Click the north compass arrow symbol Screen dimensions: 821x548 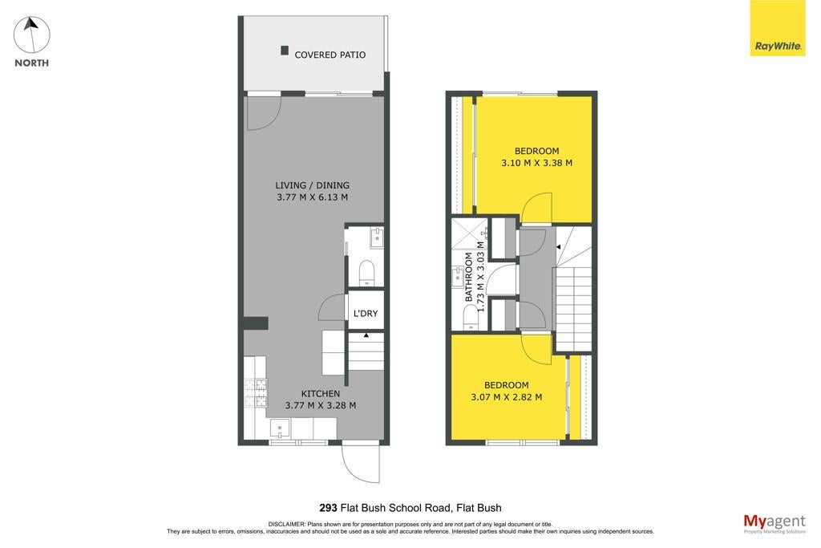pyautogui.click(x=31, y=35)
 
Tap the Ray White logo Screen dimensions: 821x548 pyautogui.click(x=778, y=28)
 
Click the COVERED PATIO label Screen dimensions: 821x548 pyautogui.click(x=330, y=55)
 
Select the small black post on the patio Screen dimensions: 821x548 pyautogui.click(x=285, y=51)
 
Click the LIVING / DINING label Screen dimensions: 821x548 pyautogui.click(x=312, y=185)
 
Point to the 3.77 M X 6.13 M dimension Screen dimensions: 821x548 pyautogui.click(x=312, y=197)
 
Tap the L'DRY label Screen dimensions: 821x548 pyautogui.click(x=366, y=313)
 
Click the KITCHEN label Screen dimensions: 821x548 pyautogui.click(x=321, y=393)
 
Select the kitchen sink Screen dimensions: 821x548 pyautogui.click(x=280, y=428)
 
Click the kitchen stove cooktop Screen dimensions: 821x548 pyautogui.click(x=256, y=393)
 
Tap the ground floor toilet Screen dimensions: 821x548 pyautogui.click(x=366, y=273)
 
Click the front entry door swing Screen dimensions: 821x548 pyautogui.click(x=360, y=464)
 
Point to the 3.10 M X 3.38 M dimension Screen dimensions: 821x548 pyautogui.click(x=536, y=163)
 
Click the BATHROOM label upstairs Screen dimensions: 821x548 pyautogui.click(x=468, y=277)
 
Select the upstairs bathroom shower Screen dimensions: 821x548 pyautogui.click(x=469, y=233)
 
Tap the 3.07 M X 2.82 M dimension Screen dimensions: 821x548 pyautogui.click(x=507, y=397)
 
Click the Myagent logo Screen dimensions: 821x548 pyautogui.click(x=774, y=523)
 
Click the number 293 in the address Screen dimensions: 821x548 pyautogui.click(x=328, y=508)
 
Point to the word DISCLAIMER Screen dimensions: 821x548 pyautogui.click(x=286, y=524)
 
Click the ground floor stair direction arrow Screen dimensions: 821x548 pyautogui.click(x=366, y=335)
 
